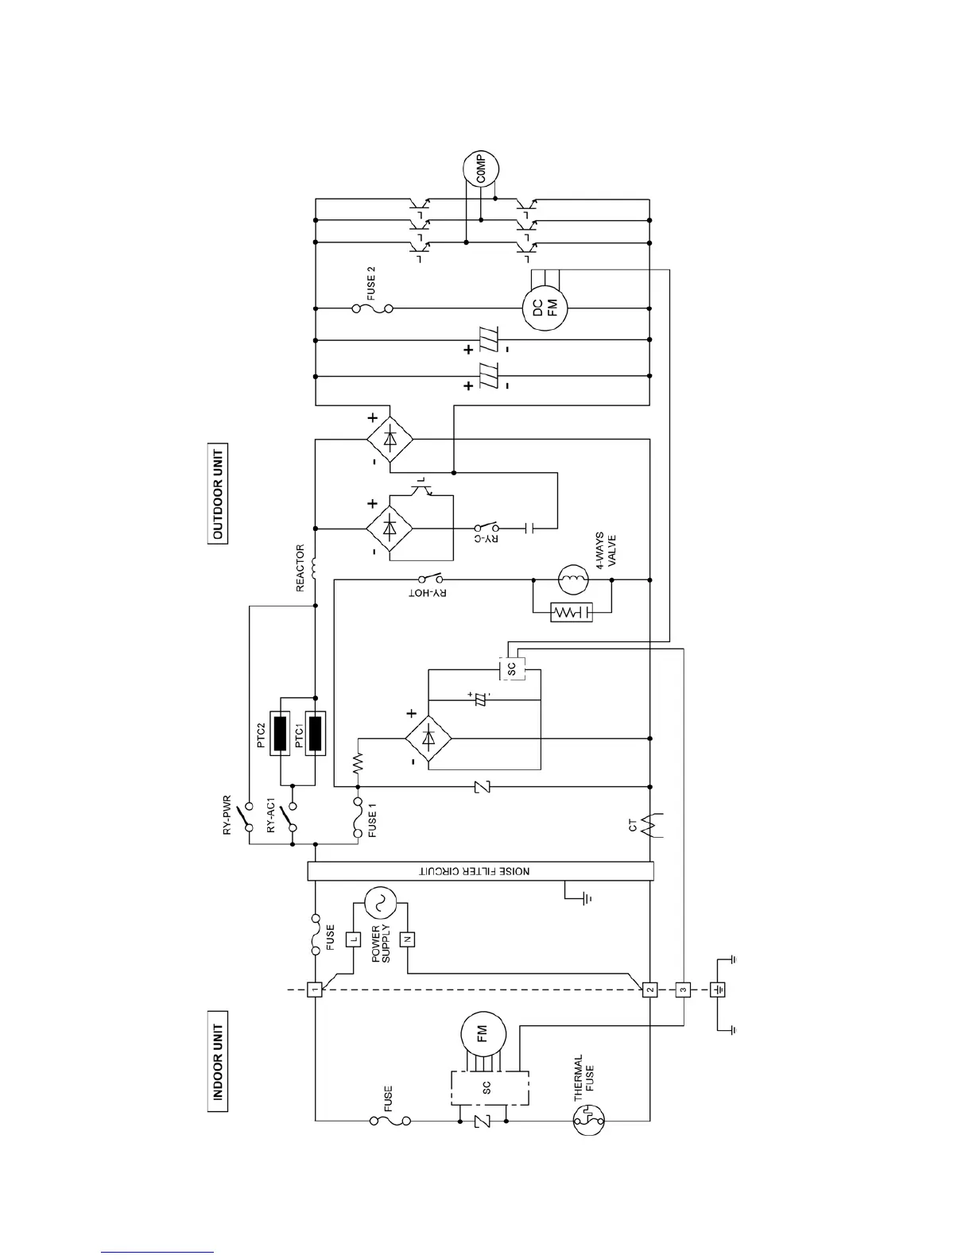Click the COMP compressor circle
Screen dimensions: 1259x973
click(x=481, y=169)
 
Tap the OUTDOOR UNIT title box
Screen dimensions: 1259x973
click(x=217, y=493)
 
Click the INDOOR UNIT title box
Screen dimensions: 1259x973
click(x=217, y=1061)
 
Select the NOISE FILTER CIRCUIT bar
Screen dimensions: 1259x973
click(x=480, y=871)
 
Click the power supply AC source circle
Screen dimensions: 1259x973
click(x=379, y=902)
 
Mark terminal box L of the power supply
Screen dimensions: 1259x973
click(x=353, y=939)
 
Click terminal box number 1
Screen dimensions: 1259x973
click(x=315, y=990)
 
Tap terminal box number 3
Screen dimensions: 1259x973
click(x=683, y=990)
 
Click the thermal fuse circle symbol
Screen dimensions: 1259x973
click(x=590, y=1120)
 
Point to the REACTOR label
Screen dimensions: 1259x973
click(x=300, y=568)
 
